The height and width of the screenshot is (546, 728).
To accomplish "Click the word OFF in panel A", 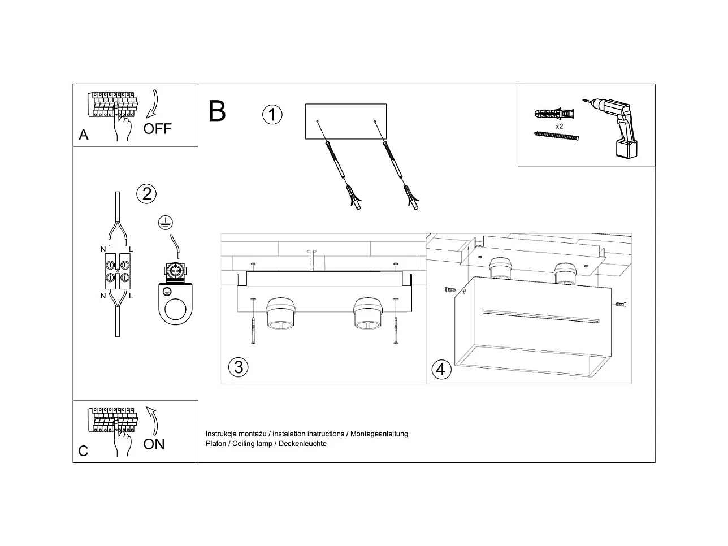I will coord(157,128).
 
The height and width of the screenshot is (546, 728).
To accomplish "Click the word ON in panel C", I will coord(154,444).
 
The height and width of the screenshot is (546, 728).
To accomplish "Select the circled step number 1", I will coord(272,115).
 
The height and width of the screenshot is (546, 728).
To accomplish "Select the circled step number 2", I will coord(146,194).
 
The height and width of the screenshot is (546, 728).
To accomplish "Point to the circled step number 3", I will coord(238,367).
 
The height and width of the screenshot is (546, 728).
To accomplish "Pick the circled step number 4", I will coord(441,370).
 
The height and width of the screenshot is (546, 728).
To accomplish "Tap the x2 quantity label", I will coord(559,126).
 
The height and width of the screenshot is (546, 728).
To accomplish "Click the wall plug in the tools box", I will coord(553,113).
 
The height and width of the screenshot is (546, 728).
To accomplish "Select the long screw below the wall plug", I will coord(557,136).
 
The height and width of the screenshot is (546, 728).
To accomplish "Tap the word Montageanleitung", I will coord(379,434).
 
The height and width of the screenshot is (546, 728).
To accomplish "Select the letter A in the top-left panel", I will coord(84,135).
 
